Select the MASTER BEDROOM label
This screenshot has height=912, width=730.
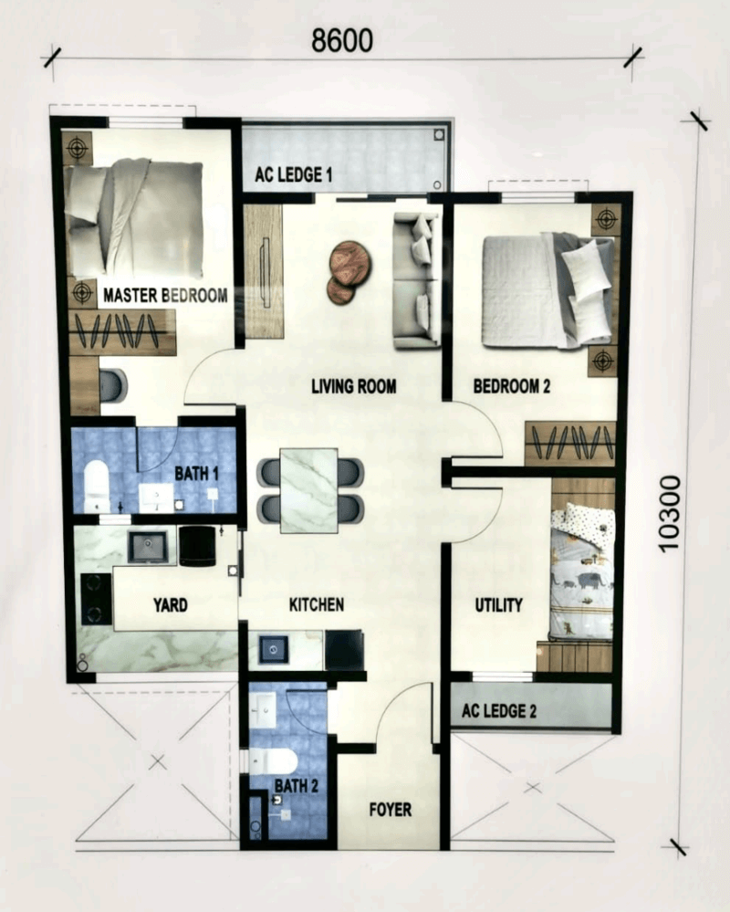[x=165, y=295]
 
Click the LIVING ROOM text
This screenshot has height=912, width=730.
[x=353, y=386]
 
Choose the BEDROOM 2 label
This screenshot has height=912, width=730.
[x=511, y=386]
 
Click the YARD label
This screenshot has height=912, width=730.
[x=170, y=604]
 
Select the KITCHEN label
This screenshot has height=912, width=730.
[x=316, y=604]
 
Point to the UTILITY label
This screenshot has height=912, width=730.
[x=498, y=604]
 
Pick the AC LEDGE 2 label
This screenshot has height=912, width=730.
[x=498, y=711]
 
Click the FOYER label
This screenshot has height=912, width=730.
[x=390, y=809]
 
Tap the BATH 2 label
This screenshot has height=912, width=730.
[x=297, y=783]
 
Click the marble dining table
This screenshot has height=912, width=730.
[x=308, y=489]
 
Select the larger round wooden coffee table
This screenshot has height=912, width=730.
[x=350, y=262]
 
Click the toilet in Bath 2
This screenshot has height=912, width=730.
[x=273, y=760]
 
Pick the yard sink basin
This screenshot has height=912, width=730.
[x=146, y=547]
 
